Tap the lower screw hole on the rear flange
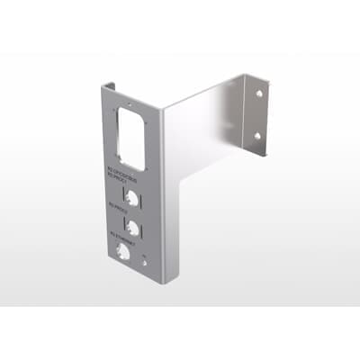[257, 135]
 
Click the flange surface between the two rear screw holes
[257, 114]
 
